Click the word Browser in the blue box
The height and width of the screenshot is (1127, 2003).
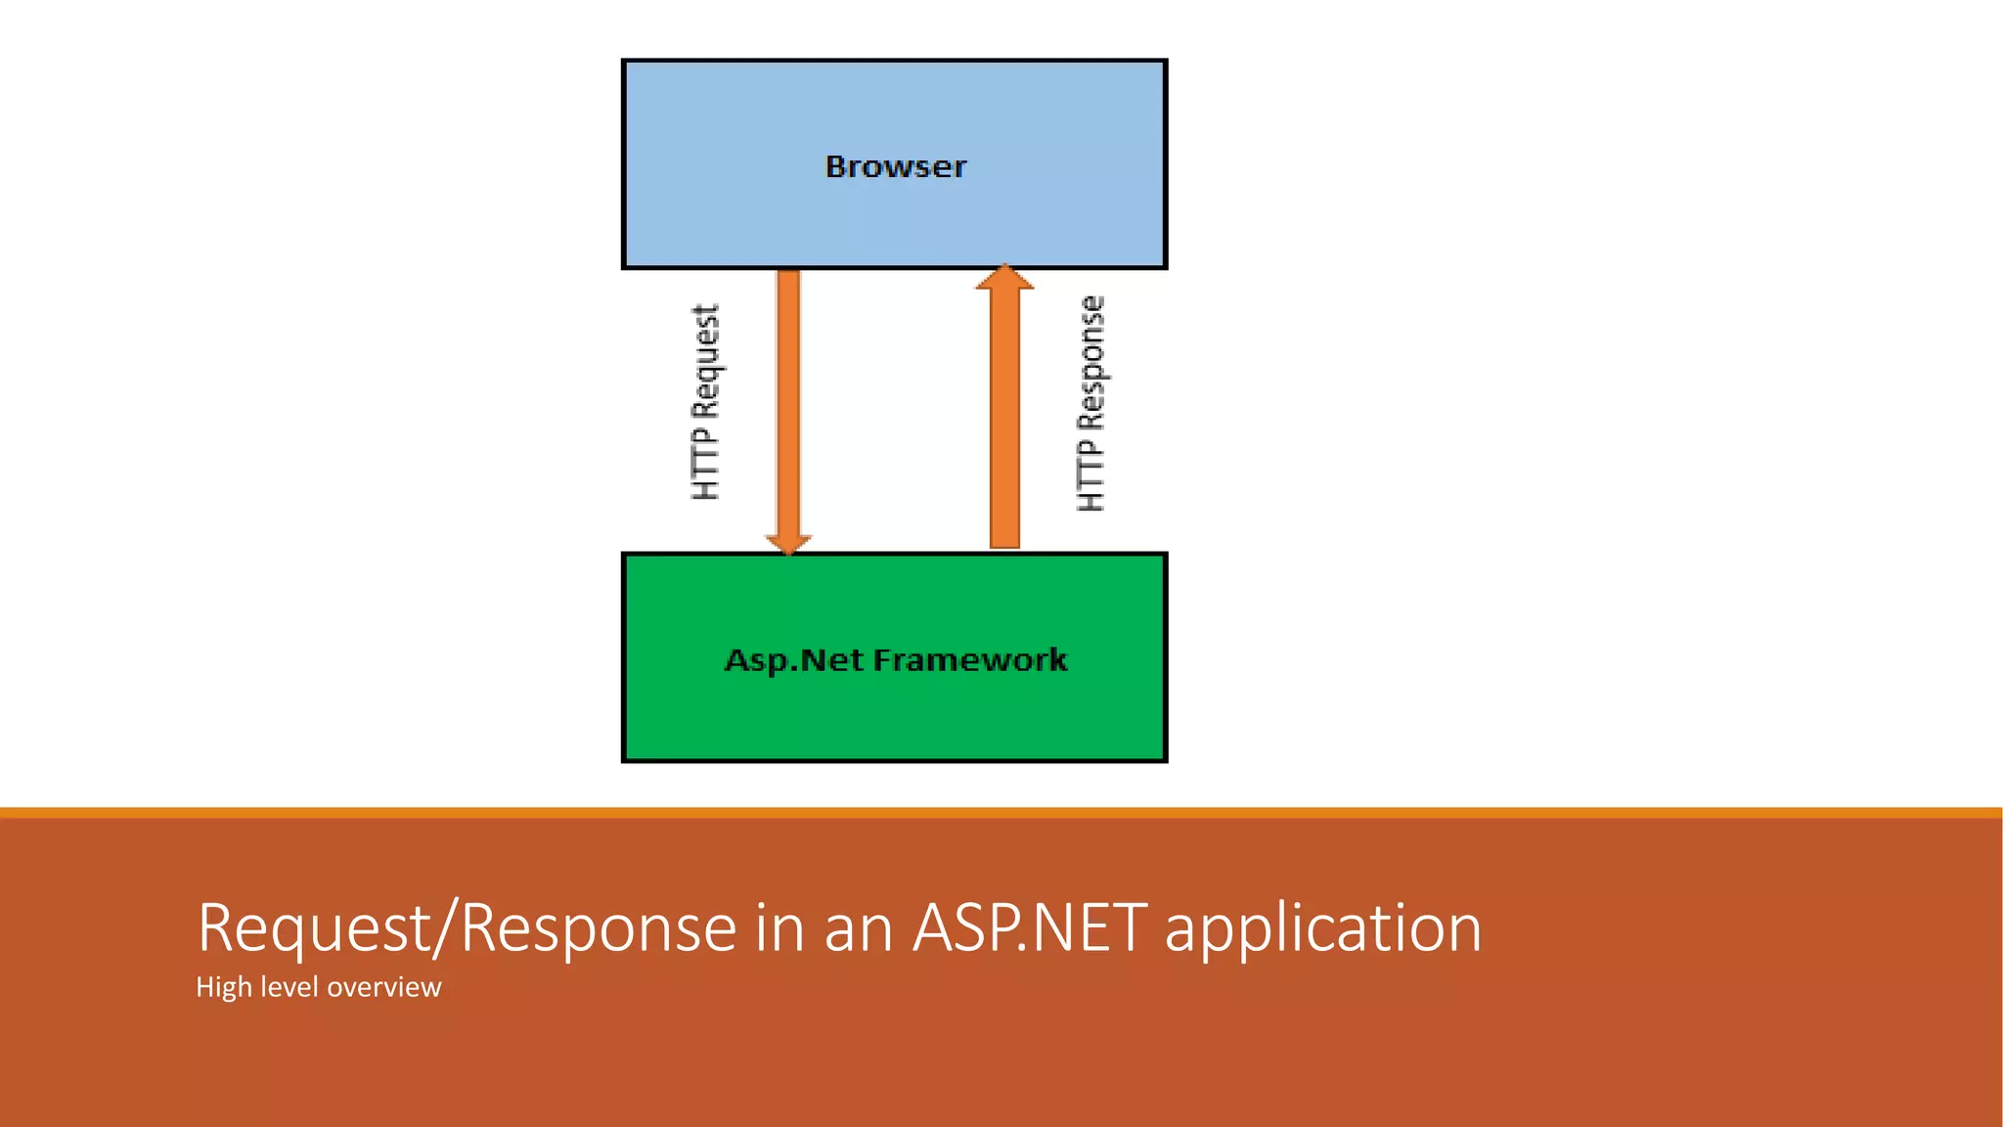tap(895, 166)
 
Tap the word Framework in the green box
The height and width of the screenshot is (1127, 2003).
tap(969, 660)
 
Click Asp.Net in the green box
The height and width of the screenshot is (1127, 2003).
tap(793, 661)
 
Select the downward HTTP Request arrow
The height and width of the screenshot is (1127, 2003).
tap(788, 411)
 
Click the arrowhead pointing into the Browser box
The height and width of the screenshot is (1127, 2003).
tap(1004, 277)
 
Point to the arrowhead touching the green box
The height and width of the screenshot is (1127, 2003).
tap(788, 543)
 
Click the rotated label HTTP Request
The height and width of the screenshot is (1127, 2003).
tap(705, 402)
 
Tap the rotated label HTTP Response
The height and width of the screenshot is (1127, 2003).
tap(1091, 403)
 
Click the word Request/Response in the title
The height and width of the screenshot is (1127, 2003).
tap(467, 927)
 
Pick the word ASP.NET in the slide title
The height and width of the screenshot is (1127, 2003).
tap(1029, 927)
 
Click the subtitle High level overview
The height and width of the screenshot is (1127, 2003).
tap(318, 987)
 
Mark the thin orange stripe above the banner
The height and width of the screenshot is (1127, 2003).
tap(1001, 812)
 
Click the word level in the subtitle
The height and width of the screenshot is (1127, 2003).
tap(289, 987)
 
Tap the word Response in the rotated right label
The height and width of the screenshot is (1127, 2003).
tap(1091, 362)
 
